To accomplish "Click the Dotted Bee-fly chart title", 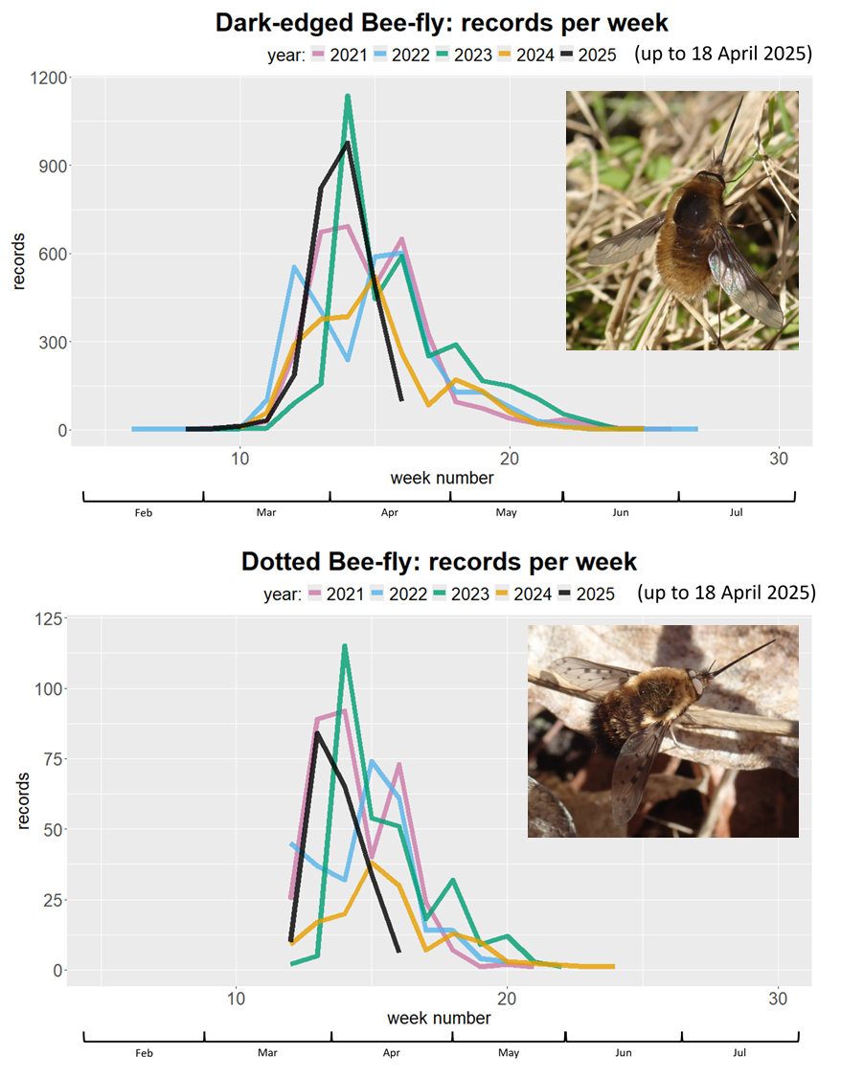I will tap(439, 561).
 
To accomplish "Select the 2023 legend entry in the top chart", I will tap(464, 55).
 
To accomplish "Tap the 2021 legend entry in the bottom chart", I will tap(335, 595).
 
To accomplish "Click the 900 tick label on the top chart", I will tap(54, 166).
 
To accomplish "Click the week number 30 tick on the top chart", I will tap(778, 459).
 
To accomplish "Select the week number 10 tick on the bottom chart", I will tap(236, 998).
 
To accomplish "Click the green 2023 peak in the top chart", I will tap(348, 96).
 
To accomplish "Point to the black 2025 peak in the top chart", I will tap(347, 143).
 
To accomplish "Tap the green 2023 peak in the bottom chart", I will tap(345, 646).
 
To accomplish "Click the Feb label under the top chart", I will tap(144, 513).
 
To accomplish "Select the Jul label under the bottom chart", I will tap(739, 1053).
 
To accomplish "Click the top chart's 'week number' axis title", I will tap(442, 478).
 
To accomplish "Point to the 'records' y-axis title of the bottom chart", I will tap(23, 793).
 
